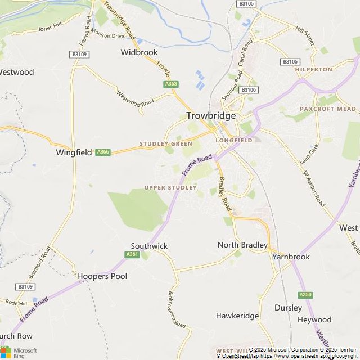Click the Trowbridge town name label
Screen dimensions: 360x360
coord(211,115)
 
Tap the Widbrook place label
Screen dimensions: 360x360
coord(138,52)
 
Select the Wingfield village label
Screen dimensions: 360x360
coord(74,152)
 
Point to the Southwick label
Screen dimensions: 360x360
coord(149,246)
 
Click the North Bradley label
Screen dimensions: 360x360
coord(242,245)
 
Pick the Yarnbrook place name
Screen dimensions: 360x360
coord(291,256)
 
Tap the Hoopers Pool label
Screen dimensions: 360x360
coord(102,276)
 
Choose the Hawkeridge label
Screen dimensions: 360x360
coord(237,316)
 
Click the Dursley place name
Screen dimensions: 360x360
coord(288,308)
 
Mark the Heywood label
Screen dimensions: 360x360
coord(314,320)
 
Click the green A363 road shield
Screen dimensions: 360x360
coord(171,84)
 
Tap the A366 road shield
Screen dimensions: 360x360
coord(102,152)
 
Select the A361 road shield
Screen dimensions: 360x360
coord(132,254)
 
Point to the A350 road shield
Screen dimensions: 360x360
coord(305,295)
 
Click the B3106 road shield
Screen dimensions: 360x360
coord(248,90)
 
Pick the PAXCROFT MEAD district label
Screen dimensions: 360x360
coord(327,109)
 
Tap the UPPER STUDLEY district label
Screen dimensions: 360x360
coord(170,187)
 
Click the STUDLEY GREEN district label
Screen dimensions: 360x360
coord(166,144)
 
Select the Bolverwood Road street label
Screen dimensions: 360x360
coord(177,309)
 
